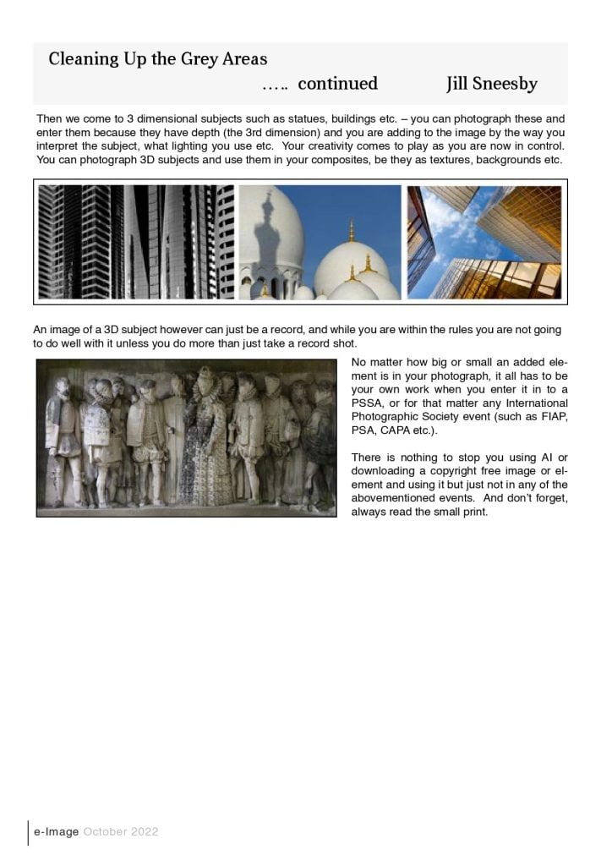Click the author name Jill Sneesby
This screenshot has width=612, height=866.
pyautogui.click(x=491, y=84)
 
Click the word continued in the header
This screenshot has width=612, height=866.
pyautogui.click(x=337, y=84)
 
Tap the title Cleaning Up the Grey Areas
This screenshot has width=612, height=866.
pyautogui.click(x=157, y=59)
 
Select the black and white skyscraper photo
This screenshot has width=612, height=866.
pyautogui.click(x=136, y=242)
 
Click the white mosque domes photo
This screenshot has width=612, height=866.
pyautogui.click(x=320, y=242)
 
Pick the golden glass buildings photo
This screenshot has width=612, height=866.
pyautogui.click(x=484, y=242)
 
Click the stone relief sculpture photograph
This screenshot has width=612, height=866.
pyautogui.click(x=186, y=437)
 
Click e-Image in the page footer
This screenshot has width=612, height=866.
pyautogui.click(x=56, y=832)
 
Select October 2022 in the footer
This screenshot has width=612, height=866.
pyautogui.click(x=121, y=832)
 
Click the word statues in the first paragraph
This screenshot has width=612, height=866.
pyautogui.click(x=307, y=119)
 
